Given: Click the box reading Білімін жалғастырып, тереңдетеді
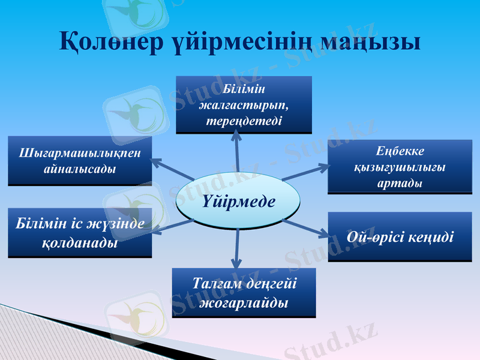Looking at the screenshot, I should click(244, 104).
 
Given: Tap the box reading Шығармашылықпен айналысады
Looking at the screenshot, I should click(80, 160).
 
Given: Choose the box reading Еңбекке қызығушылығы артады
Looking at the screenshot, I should click(400, 166).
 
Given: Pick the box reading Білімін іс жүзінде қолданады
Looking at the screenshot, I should click(80, 233).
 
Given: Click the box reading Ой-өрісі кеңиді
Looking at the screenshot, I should click(400, 236).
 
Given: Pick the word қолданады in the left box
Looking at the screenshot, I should click(80, 244).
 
